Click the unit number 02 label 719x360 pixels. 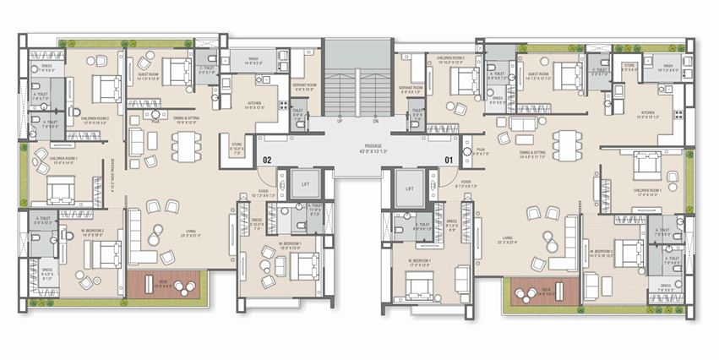pos(266,158)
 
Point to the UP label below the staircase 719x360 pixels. pos(339,122)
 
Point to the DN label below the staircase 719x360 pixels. pos(375,122)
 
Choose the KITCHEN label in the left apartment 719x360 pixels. pos(254,104)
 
